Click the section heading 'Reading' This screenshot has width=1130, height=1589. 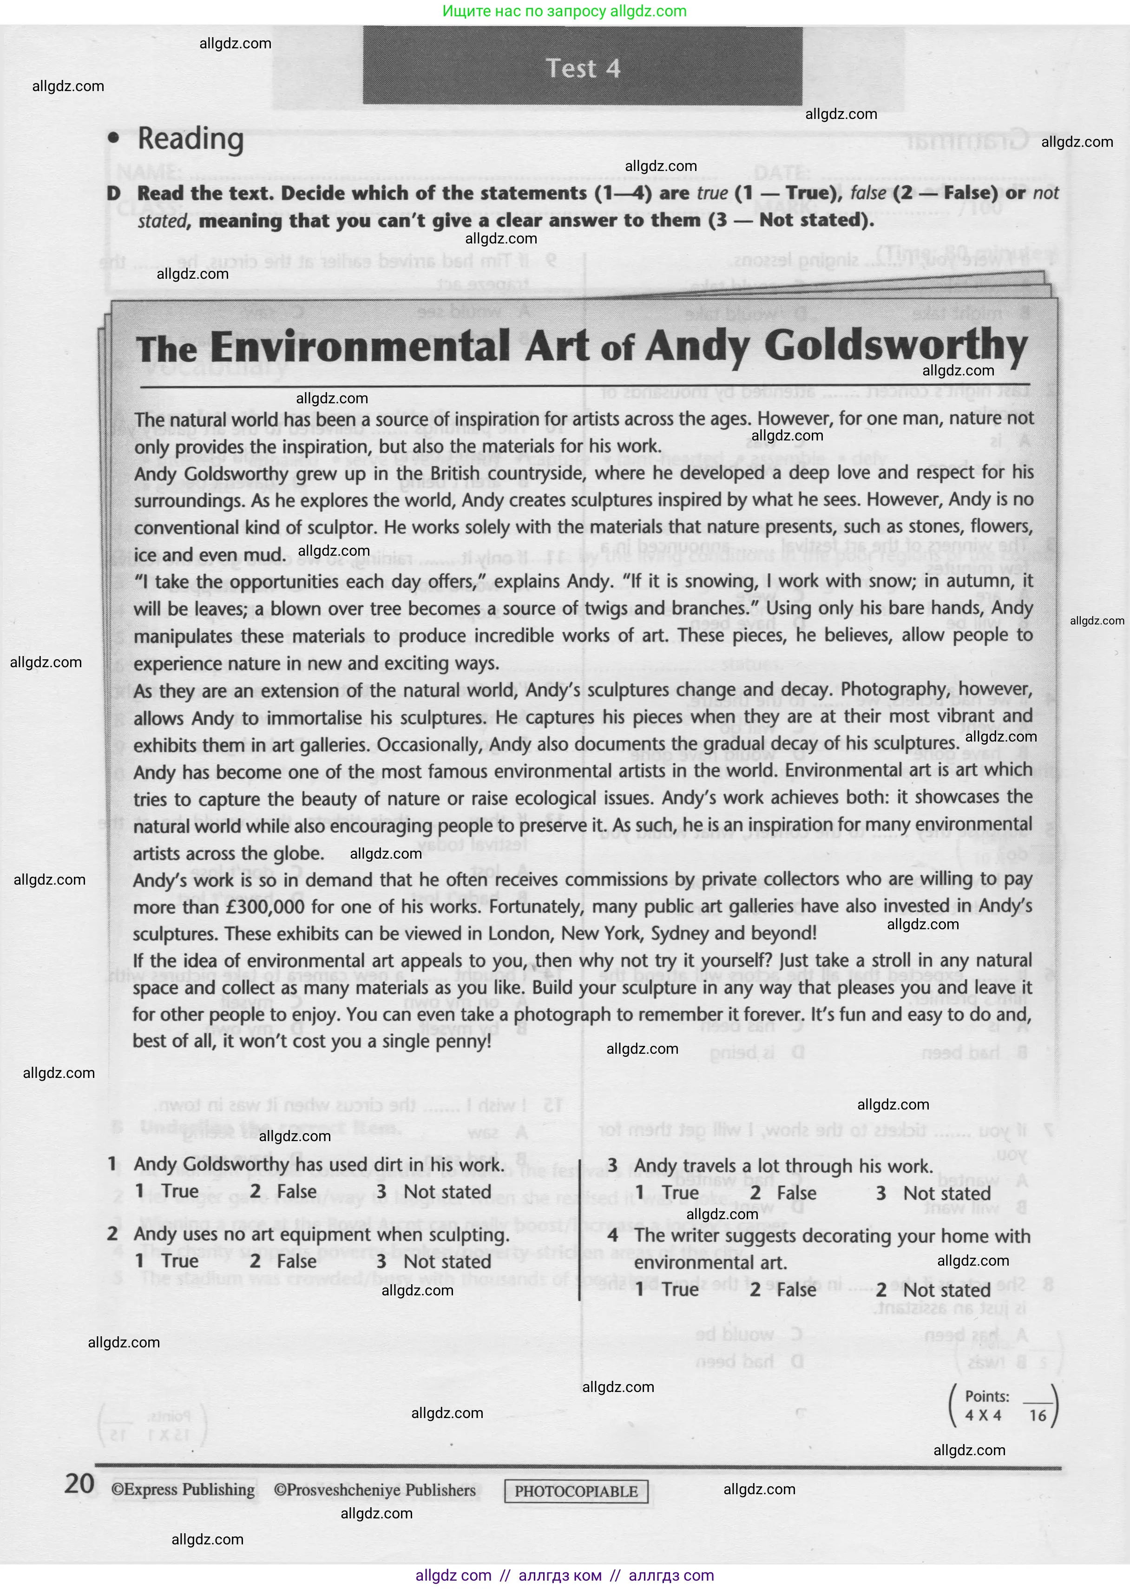point(190,138)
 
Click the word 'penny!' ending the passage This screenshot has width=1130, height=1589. point(462,1042)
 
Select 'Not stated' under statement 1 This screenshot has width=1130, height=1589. point(447,1192)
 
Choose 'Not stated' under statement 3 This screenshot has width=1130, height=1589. point(946,1193)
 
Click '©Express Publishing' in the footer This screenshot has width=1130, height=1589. point(183,1490)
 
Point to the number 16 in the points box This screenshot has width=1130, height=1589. point(1038,1415)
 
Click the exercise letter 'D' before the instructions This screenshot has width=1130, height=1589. point(113,193)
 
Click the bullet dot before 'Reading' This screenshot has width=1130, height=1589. point(113,138)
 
